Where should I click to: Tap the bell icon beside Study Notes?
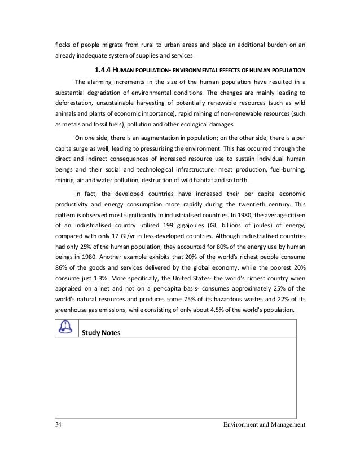[67, 328]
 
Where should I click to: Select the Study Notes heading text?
[101, 332]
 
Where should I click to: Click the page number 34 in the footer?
[58, 424]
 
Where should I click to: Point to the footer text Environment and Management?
[264, 424]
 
